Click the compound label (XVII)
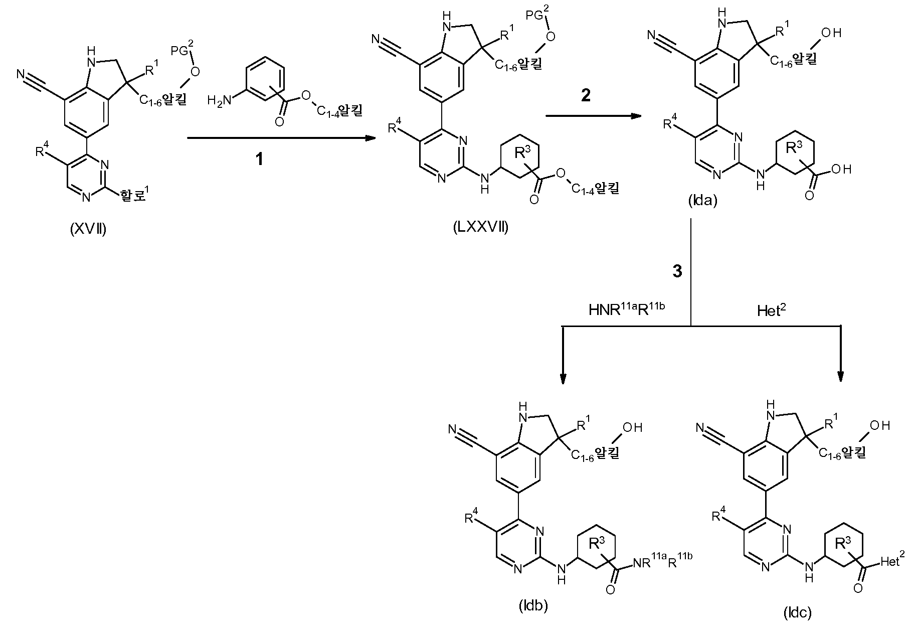tap(88, 229)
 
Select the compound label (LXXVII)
tap(480, 227)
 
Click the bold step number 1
tap(259, 159)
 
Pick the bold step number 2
tap(586, 95)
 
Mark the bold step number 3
tap(677, 271)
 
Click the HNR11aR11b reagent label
tap(626, 309)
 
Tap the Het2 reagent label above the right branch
tap(771, 310)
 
